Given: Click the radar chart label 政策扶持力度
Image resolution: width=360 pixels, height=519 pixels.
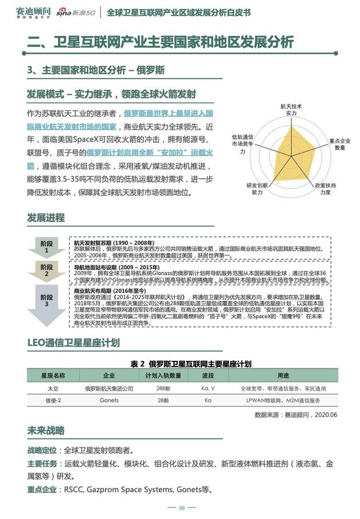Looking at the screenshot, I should tap(325, 189).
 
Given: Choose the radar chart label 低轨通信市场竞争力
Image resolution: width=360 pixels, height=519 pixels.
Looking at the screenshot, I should tap(242, 145).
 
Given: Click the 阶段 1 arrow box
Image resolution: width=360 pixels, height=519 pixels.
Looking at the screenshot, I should tap(47, 246).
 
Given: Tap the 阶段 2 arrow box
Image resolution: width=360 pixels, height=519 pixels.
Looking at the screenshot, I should tap(47, 271).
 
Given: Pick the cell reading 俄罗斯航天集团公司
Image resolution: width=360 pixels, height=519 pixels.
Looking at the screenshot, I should tap(109, 388).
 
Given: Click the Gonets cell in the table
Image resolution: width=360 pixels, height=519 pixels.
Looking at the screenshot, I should tap(109, 400).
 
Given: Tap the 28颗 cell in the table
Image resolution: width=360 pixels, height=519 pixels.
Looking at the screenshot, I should tap(163, 400).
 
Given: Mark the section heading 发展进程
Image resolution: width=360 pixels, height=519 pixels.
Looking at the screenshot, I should tap(46, 218).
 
